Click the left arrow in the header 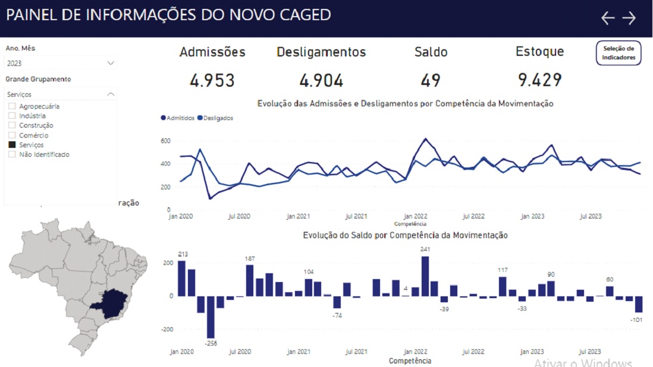pyautogui.click(x=607, y=18)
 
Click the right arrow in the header pyautogui.click(x=629, y=18)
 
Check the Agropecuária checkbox pyautogui.click(x=12, y=106)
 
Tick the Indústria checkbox pyautogui.click(x=12, y=116)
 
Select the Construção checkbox pyautogui.click(x=12, y=125)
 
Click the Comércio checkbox pyautogui.click(x=12, y=135)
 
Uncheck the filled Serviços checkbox pyautogui.click(x=12, y=145)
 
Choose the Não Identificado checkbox pyautogui.click(x=12, y=154)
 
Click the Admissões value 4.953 pyautogui.click(x=212, y=80)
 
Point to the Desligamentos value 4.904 pyautogui.click(x=321, y=80)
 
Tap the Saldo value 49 pyautogui.click(x=431, y=80)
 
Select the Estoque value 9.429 pyautogui.click(x=539, y=80)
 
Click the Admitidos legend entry pyautogui.click(x=177, y=118)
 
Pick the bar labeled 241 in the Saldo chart pyautogui.click(x=425, y=276)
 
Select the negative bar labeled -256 pyautogui.click(x=211, y=317)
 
